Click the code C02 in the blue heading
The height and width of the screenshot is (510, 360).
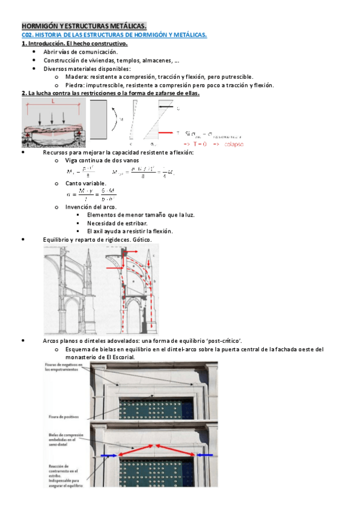click(x=27, y=35)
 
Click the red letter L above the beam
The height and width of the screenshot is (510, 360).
click(x=52, y=102)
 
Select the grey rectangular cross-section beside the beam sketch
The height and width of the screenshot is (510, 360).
click(x=99, y=119)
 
